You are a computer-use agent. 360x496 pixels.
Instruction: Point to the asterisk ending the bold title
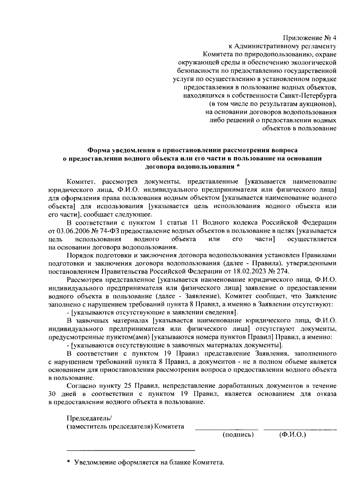pos(238,167)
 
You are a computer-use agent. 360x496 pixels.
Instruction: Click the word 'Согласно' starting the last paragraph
pos(80,386)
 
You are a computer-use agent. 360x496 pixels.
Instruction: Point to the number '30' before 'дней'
pos(52,394)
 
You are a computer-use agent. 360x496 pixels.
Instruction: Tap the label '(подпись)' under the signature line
pos(238,434)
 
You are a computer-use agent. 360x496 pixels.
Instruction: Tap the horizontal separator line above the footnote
pos(130,450)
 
